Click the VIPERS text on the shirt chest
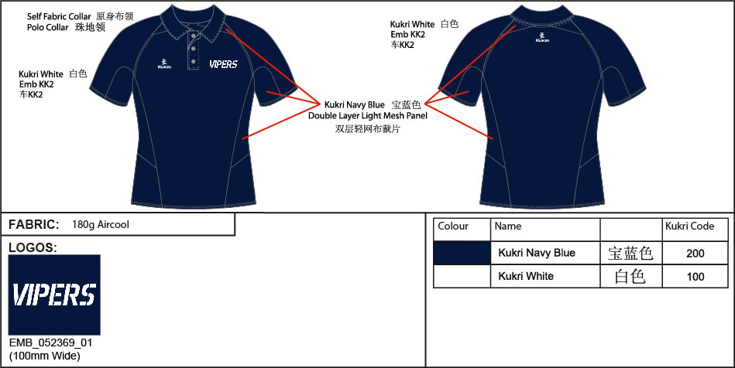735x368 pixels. pyautogui.click(x=223, y=64)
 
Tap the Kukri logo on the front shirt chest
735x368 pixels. pyautogui.click(x=164, y=64)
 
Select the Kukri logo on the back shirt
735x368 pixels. pyautogui.click(x=542, y=37)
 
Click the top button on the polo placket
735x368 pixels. pyautogui.click(x=193, y=36)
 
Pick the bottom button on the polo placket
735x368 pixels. pyautogui.click(x=193, y=61)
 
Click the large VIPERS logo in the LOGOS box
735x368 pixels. pyautogui.click(x=54, y=295)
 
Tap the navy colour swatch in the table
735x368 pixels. pyautogui.click(x=462, y=253)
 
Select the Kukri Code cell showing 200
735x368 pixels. pyautogui.click(x=696, y=254)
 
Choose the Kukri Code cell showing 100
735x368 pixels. pyautogui.click(x=696, y=276)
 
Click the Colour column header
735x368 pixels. pyautogui.click(x=453, y=227)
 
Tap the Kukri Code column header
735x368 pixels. pyautogui.click(x=689, y=227)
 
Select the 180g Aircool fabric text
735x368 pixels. pyautogui.click(x=101, y=225)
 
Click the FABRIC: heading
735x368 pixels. pyautogui.click(x=34, y=225)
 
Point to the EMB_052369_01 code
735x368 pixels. pyautogui.click(x=50, y=342)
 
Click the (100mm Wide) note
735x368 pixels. pyautogui.click(x=44, y=356)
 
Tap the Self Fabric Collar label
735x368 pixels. pyautogui.click(x=59, y=16)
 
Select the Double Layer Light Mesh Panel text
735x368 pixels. pyautogui.click(x=368, y=116)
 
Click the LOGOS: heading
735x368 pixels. pyautogui.click(x=33, y=247)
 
